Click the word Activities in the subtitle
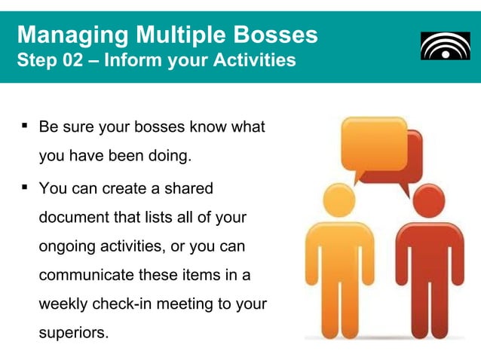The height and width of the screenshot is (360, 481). pyautogui.click(x=253, y=59)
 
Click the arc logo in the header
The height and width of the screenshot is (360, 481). pyautogui.click(x=445, y=45)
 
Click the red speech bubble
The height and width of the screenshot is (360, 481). pyautogui.click(x=414, y=159)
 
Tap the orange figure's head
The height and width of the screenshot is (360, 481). pyautogui.click(x=339, y=201)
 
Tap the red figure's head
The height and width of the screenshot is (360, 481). pyautogui.click(x=429, y=201)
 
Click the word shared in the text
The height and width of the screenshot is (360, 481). pyautogui.click(x=188, y=188)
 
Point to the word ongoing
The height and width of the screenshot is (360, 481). pyautogui.click(x=67, y=248)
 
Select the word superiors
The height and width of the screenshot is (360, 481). pyautogui.click(x=72, y=333)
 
